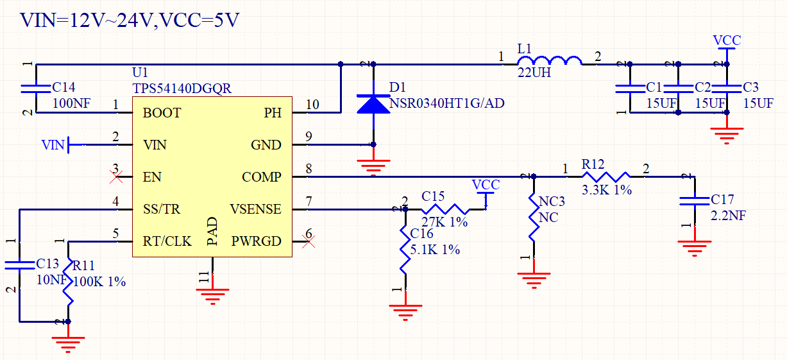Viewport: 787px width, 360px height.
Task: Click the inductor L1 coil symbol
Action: tap(550, 62)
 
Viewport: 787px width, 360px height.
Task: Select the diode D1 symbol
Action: tap(373, 104)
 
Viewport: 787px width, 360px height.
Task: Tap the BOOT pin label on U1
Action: tap(162, 113)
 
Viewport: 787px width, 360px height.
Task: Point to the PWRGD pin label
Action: tap(257, 241)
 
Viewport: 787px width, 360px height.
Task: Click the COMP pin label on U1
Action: tap(262, 177)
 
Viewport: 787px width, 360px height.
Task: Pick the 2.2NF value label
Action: tap(728, 216)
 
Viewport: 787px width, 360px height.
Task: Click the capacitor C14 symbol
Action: tap(36, 87)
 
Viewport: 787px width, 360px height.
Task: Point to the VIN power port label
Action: tap(53, 145)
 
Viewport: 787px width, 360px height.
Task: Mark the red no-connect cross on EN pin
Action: tap(116, 176)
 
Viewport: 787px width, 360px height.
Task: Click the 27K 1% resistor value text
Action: tap(444, 223)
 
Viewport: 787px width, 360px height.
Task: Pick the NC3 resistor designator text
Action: tap(552, 202)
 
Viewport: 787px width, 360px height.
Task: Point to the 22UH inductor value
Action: tap(534, 74)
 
